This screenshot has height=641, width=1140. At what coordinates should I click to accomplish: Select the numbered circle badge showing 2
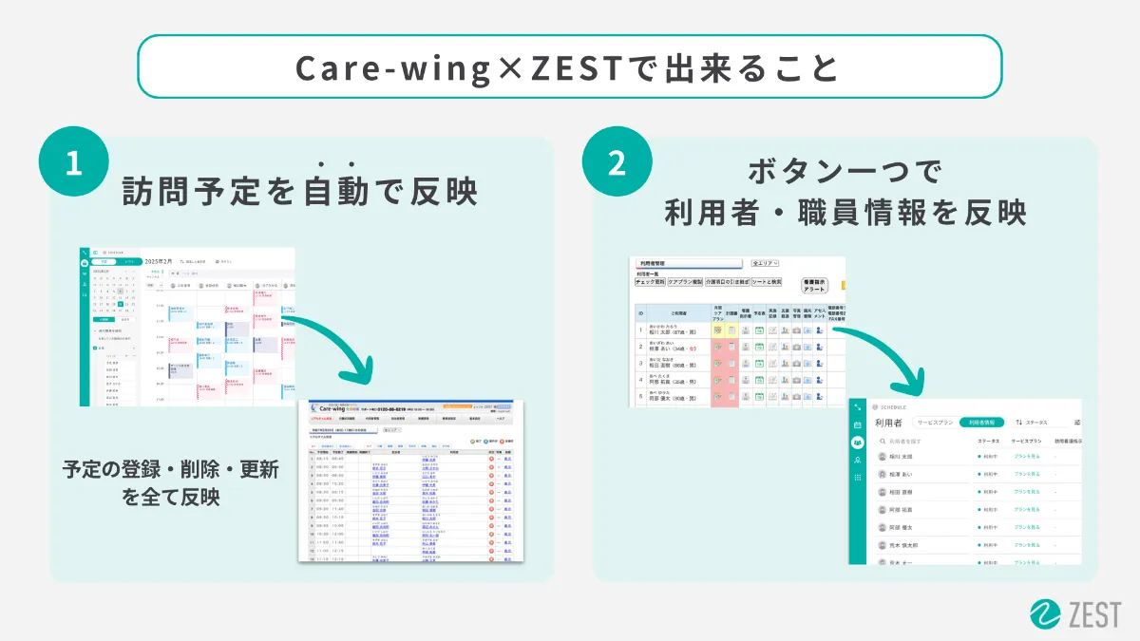point(617,163)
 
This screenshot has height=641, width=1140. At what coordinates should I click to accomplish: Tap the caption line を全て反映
point(171,497)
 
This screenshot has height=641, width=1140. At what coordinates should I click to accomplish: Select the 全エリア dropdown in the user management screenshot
point(765,263)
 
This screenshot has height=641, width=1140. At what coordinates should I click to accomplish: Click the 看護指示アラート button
point(815,285)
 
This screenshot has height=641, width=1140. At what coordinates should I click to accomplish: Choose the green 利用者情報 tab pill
point(981,423)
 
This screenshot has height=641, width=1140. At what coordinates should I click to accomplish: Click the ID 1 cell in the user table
point(640,330)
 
